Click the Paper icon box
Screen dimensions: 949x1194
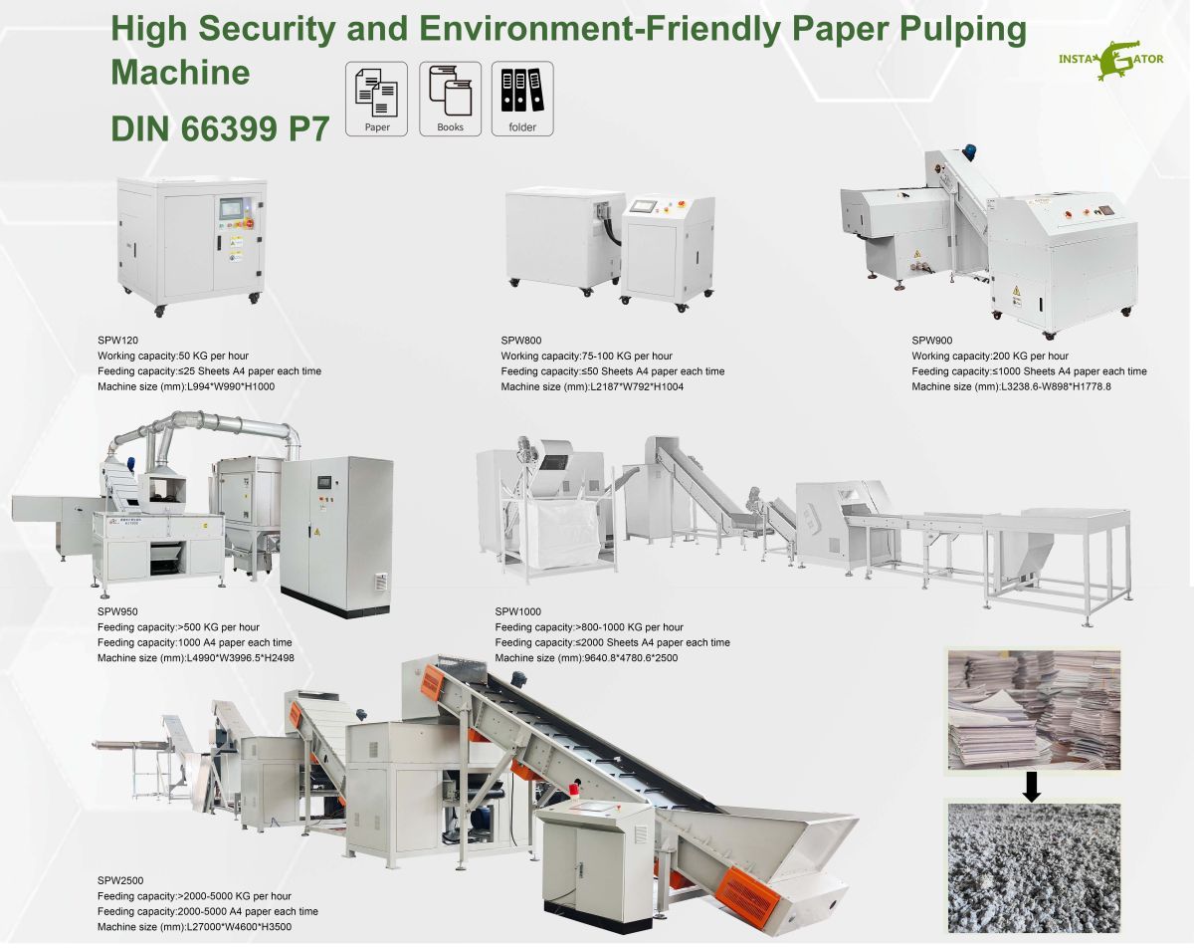tap(377, 99)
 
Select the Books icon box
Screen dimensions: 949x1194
tap(450, 99)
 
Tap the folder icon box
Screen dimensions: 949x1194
tap(522, 99)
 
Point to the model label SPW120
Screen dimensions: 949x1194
tap(117, 340)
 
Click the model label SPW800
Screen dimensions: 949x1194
tap(520, 340)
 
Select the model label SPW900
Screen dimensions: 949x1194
tap(931, 340)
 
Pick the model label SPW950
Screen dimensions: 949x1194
tap(117, 611)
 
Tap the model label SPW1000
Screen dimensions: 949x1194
tap(517, 611)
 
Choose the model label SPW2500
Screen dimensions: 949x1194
tap(120, 880)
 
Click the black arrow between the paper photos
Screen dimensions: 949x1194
tap(1033, 786)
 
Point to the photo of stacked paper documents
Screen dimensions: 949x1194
tap(1033, 707)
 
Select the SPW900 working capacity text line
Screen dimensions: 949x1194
tap(990, 356)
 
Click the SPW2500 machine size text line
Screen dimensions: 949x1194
tap(194, 927)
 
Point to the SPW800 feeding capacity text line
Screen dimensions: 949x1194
tap(612, 371)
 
